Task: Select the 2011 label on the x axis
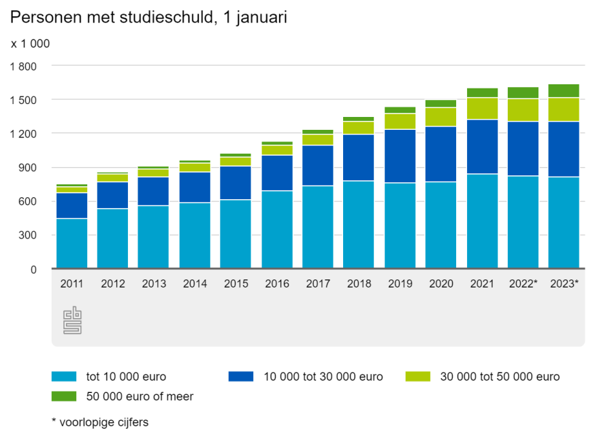coord(71,284)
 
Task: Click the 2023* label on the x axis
coord(564,284)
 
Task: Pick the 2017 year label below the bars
coord(317,284)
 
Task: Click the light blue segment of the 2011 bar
coord(71,243)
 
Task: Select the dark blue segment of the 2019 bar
coord(400,156)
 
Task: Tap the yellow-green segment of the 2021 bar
coord(482,108)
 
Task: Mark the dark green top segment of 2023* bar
coord(564,90)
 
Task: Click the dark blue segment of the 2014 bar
coord(195,187)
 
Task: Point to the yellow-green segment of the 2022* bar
coord(523,109)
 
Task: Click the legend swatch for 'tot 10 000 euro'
coord(63,376)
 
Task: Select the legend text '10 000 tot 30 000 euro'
coord(323,376)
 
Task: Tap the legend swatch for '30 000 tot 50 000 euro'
coord(417,376)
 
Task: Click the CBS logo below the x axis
coord(72,321)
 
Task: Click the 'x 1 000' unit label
coord(30,44)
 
